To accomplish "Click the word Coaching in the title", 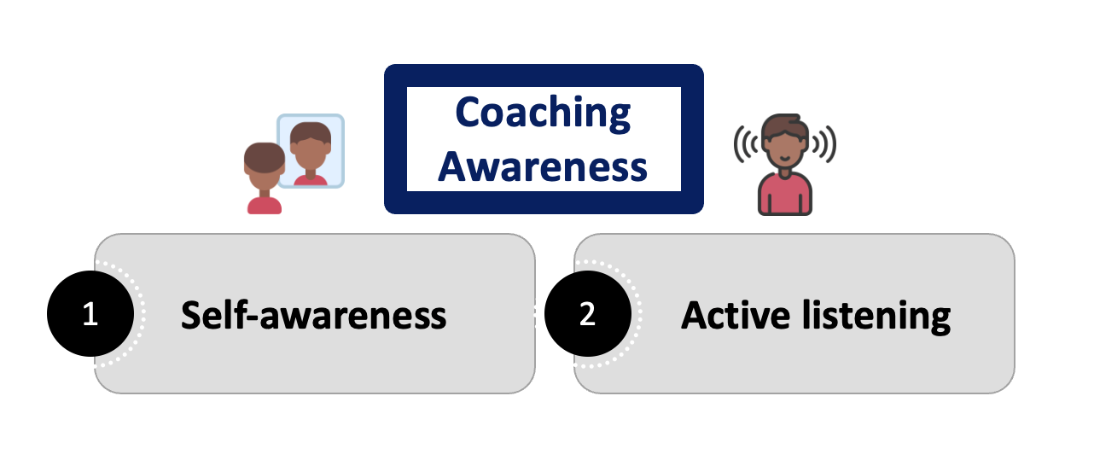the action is pyautogui.click(x=543, y=114).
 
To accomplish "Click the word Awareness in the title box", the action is pyautogui.click(x=543, y=166).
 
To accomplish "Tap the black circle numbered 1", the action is pyautogui.click(x=90, y=313).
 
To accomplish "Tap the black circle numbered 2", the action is pyautogui.click(x=588, y=313).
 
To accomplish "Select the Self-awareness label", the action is pyautogui.click(x=313, y=315).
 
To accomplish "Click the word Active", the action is pyautogui.click(x=735, y=315).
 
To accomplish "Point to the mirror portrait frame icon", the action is pyautogui.click(x=311, y=151).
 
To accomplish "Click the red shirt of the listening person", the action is pyautogui.click(x=785, y=195).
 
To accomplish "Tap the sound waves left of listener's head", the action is pyautogui.click(x=746, y=143).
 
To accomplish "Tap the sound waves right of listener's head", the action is pyautogui.click(x=824, y=143).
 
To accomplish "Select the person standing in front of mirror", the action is pyautogui.click(x=265, y=178).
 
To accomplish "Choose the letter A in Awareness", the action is pyautogui.click(x=452, y=166).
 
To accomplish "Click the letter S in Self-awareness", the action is pyautogui.click(x=190, y=316).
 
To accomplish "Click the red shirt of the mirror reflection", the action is pyautogui.click(x=310, y=180).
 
